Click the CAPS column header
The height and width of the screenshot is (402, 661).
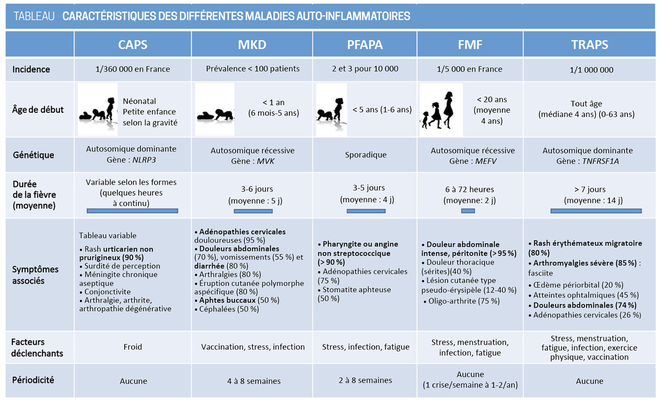click(133, 45)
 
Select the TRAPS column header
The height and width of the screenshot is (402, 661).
click(589, 45)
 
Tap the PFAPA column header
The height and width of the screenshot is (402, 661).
click(365, 45)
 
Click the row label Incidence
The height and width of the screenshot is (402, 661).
click(32, 69)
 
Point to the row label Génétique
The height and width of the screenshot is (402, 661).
click(33, 155)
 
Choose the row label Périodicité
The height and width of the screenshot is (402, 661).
click(34, 380)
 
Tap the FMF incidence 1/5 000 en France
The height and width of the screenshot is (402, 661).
click(469, 69)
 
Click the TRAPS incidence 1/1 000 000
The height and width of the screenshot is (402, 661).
click(589, 69)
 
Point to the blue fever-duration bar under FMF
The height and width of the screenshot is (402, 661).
click(468, 211)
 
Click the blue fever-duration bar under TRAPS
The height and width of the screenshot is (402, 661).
click(596, 211)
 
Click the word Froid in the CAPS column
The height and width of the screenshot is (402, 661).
click(133, 347)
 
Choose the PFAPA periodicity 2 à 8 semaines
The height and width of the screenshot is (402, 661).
click(365, 380)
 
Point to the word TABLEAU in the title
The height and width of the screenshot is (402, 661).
click(34, 16)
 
